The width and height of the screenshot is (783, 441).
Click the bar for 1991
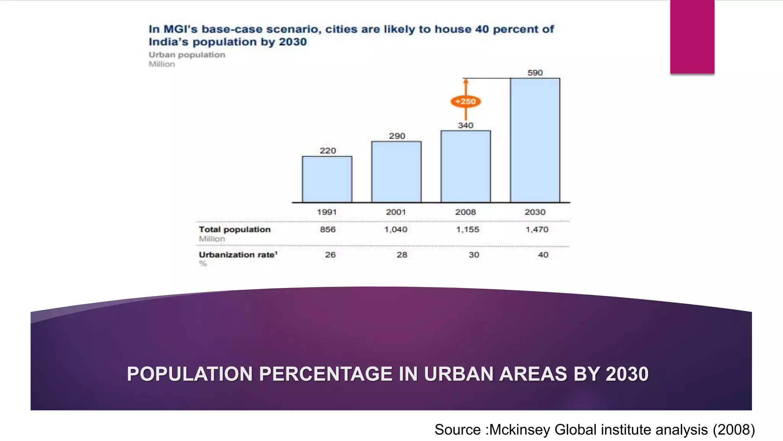coord(327,179)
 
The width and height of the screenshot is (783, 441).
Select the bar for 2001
coord(396,172)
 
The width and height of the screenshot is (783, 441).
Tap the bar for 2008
coord(466,167)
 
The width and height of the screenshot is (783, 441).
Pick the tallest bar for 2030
coord(535,140)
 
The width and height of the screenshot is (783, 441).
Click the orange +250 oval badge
coord(466,101)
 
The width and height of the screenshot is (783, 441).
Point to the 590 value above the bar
coord(535,73)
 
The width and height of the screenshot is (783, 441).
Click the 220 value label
coord(328,151)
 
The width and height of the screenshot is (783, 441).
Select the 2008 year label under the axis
coord(465,212)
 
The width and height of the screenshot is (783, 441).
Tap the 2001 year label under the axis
coord(396,212)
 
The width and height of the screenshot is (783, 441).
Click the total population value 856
coord(328,229)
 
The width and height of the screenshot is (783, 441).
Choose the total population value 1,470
coord(537,229)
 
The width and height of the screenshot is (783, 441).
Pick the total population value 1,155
coord(468,229)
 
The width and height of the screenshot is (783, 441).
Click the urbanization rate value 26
coord(330,255)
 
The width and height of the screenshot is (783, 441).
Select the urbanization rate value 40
coord(543,255)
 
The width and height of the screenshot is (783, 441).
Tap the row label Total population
coord(234,229)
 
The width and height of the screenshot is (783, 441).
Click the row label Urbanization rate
coord(237,255)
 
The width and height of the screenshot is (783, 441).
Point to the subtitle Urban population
coord(187,55)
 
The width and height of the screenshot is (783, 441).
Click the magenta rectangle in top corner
coord(692,37)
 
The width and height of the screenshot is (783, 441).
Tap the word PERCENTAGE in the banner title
coord(326,374)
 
